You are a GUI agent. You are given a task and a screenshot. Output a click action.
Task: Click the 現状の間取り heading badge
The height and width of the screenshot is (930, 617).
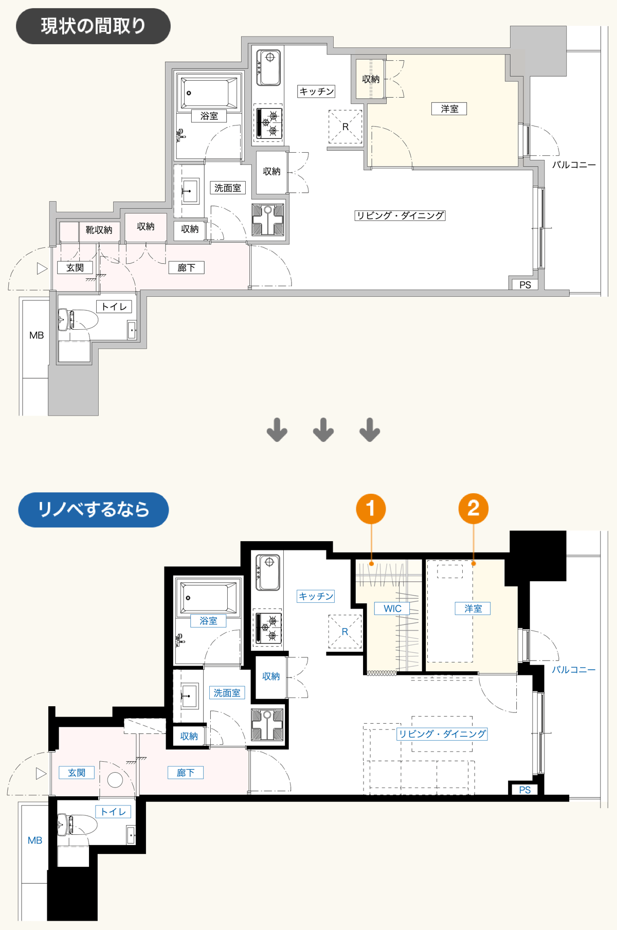click(x=93, y=26)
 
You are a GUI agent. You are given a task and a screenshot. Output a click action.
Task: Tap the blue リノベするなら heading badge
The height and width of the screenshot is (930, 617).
click(x=93, y=510)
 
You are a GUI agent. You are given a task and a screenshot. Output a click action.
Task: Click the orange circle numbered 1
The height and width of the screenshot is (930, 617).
click(x=371, y=509)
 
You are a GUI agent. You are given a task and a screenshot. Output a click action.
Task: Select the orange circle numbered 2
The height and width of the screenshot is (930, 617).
click(x=473, y=509)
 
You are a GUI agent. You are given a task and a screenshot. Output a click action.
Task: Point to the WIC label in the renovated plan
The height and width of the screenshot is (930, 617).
click(x=392, y=609)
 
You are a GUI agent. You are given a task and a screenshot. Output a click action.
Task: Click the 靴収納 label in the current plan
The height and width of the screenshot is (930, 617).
click(x=99, y=230)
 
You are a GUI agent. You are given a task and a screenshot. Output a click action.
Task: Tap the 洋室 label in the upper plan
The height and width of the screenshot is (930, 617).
click(x=449, y=109)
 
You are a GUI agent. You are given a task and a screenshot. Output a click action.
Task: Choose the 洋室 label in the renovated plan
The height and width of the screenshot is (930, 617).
click(x=473, y=609)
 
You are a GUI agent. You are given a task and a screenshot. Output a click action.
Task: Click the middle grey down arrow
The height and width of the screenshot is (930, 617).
click(x=323, y=430)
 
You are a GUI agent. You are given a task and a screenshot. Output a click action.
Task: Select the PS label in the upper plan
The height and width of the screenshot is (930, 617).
click(x=525, y=285)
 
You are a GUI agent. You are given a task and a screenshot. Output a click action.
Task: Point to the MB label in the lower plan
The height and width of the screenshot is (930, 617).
click(x=35, y=840)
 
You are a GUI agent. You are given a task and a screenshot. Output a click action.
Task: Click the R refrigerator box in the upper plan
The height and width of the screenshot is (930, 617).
click(x=345, y=127)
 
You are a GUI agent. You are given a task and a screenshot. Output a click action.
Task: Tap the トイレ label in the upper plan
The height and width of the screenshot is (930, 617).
click(x=114, y=307)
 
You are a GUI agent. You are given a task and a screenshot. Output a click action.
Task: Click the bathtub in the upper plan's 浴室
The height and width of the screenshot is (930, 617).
click(x=209, y=93)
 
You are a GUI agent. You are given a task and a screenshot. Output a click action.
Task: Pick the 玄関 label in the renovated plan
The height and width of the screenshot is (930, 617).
click(x=77, y=773)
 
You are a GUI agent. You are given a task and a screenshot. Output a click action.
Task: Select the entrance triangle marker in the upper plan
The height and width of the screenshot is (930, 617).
click(x=42, y=269)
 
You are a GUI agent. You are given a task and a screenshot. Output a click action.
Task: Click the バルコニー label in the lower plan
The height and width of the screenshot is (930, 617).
click(x=574, y=670)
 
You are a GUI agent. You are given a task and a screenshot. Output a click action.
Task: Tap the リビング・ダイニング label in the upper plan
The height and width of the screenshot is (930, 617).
click(x=400, y=216)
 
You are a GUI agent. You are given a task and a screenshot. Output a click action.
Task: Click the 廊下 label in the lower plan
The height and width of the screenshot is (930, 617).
click(x=186, y=773)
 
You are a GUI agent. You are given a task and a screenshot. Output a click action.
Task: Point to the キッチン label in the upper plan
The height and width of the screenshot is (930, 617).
click(x=317, y=92)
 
